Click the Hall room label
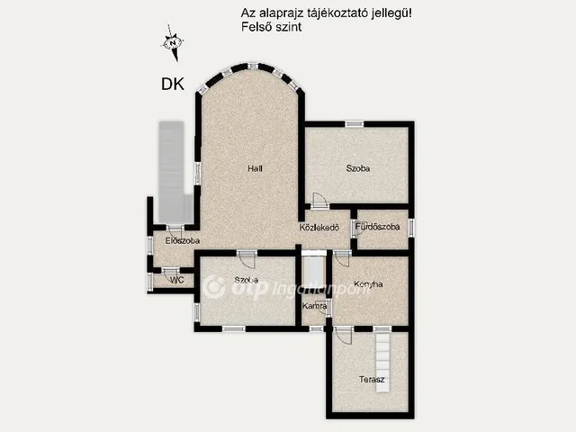(256, 167)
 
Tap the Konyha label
(368, 284)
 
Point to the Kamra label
(314, 307)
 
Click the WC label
(176, 280)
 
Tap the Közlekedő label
(319, 227)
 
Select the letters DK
(173, 85)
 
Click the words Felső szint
(272, 28)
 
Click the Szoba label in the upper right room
(358, 167)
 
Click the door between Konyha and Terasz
(342, 335)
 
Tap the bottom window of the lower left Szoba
(233, 328)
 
